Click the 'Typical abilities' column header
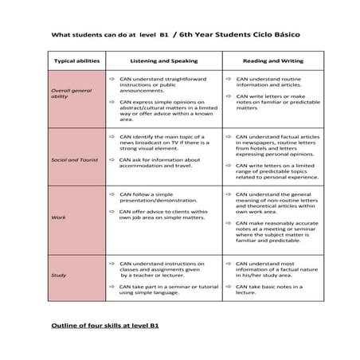point(75,61)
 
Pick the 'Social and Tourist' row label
point(75,159)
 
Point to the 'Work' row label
point(58,217)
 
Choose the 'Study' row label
point(59,275)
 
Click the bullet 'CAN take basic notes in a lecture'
point(262,288)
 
